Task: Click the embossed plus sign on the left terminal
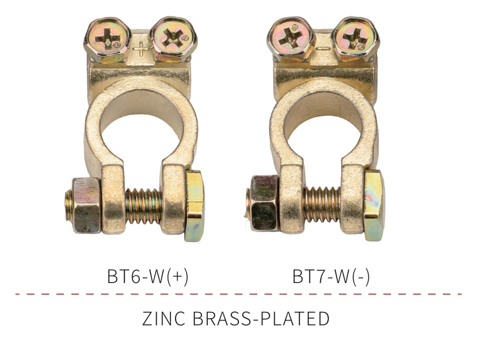[140, 49]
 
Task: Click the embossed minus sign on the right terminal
[324, 49]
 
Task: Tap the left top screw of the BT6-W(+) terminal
[107, 40]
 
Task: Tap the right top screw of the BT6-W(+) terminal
[174, 39]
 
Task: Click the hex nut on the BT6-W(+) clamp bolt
[86, 206]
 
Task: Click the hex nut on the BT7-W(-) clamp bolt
[265, 203]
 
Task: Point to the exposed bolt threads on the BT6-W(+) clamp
[143, 206]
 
